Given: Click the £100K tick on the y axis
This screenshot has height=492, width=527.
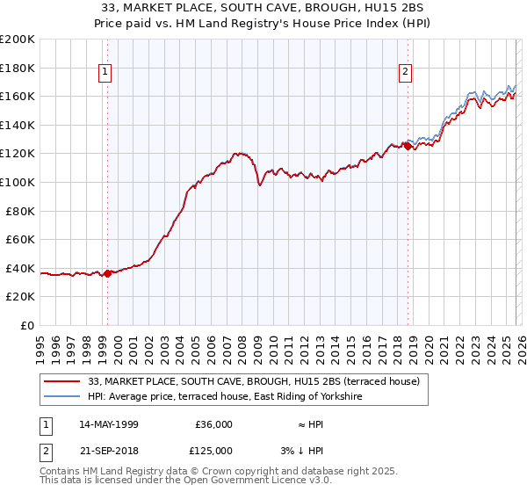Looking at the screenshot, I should (18, 182).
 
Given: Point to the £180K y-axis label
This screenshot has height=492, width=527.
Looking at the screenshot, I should (18, 68).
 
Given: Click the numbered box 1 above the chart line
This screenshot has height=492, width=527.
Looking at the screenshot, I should (105, 72).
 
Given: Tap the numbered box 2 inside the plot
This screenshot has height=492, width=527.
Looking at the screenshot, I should (406, 72).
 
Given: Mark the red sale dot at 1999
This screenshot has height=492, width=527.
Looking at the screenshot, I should (108, 273).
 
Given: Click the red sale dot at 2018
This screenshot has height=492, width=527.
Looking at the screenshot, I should (408, 147).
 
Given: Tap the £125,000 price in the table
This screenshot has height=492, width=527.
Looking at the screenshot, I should (213, 451).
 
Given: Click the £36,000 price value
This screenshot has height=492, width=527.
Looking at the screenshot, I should (213, 424).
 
